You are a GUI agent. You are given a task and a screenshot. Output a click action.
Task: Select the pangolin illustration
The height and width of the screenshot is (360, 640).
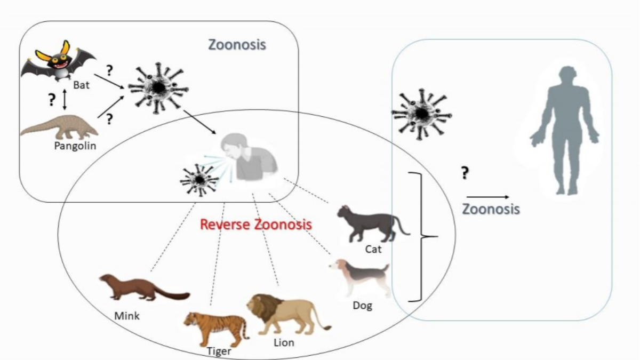(59, 128)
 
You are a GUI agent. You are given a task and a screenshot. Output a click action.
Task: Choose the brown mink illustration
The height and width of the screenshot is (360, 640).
(141, 288)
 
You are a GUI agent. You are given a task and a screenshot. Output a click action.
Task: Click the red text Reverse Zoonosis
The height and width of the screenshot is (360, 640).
(255, 224)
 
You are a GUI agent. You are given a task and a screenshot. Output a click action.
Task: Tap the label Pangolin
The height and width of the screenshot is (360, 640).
(75, 146)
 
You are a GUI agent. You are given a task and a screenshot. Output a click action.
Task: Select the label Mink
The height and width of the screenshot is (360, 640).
(127, 316)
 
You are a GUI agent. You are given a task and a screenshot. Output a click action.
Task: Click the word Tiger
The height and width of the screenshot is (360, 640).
(219, 352)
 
